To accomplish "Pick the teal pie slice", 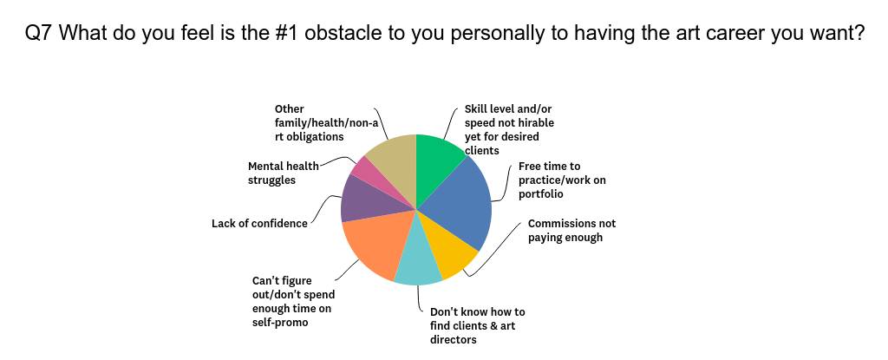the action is pos(418,258).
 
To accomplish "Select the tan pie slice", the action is pos(395,165).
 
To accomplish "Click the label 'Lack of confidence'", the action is pos(259,223).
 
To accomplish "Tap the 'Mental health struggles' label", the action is pos(284,173).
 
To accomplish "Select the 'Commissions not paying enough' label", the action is pos(571,230).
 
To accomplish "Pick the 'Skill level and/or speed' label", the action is pos(509,130).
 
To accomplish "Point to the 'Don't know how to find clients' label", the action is pos(478,326).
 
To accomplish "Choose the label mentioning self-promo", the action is pos(293,302).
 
